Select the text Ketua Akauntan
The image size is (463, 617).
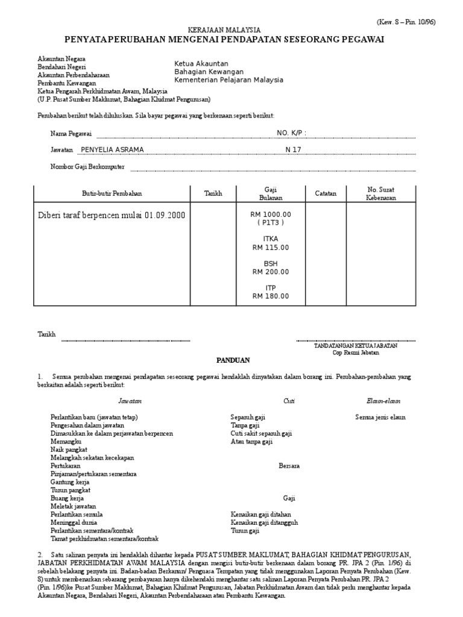[x=201, y=63]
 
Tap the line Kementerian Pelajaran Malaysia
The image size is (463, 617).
[x=228, y=80]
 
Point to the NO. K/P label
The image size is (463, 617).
[x=291, y=133]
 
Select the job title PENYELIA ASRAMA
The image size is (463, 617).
[x=112, y=149]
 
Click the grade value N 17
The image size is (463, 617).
[x=293, y=149]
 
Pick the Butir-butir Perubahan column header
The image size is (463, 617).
[x=112, y=193]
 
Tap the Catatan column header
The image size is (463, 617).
[x=326, y=193]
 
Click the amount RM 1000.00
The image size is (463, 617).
[x=271, y=215]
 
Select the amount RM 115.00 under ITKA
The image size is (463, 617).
[x=271, y=247]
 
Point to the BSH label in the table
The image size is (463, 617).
[x=271, y=264]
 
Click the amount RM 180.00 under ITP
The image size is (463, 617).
[x=271, y=296]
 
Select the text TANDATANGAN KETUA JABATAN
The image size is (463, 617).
[x=355, y=346]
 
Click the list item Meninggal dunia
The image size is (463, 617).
[x=74, y=523]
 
